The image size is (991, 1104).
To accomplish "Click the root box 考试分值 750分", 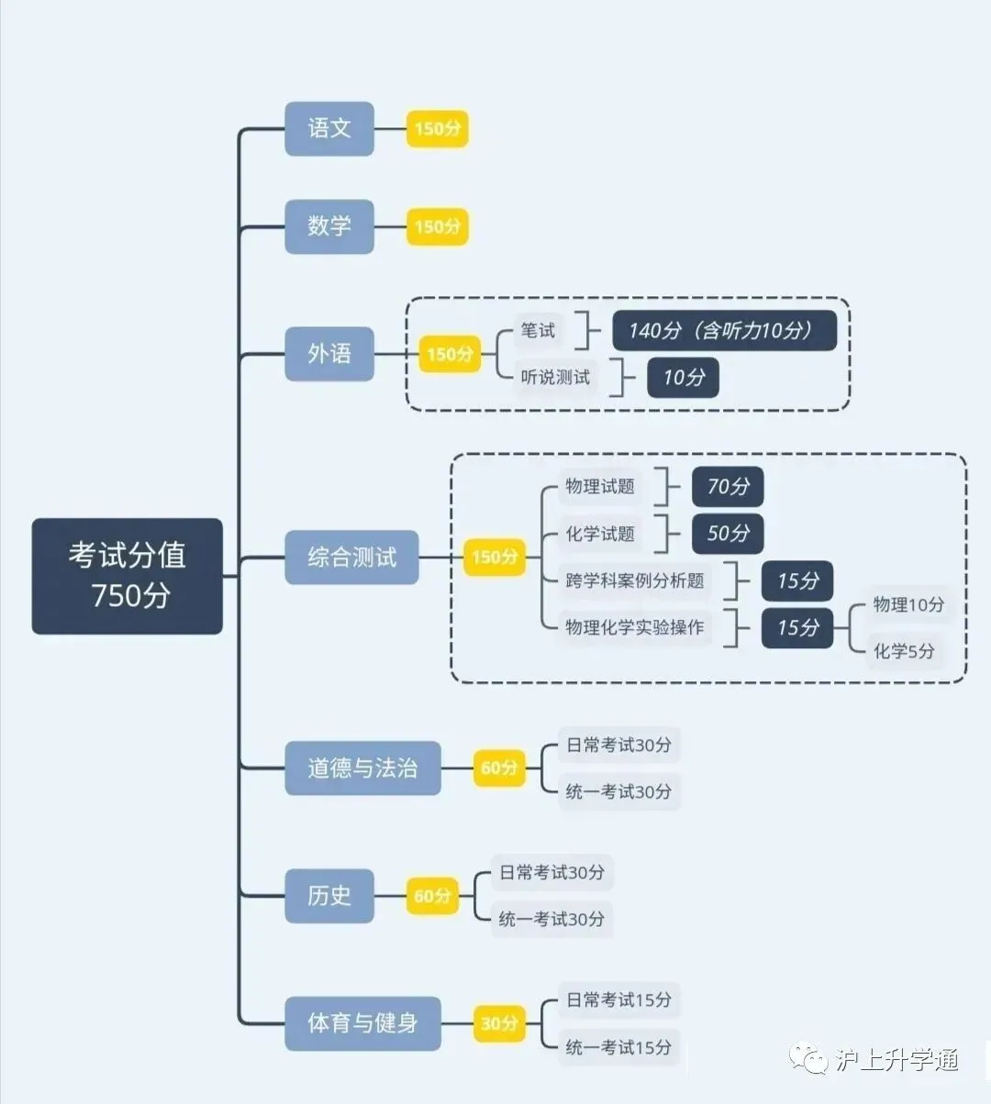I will pos(127,576).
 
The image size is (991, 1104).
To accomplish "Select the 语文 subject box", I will pos(328,128).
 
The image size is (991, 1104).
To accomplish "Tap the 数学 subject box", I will pos(328,226).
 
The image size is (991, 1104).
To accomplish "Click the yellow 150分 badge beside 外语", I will pos(450,354).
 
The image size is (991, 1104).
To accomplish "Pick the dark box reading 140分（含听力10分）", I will pos(724,331).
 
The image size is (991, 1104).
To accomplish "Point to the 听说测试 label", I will pos(555,377).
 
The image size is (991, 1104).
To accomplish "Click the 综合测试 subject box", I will pos(351,557).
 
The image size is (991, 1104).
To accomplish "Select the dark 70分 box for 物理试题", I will pos(728,487).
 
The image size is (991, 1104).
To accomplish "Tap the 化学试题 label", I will pos(600,534).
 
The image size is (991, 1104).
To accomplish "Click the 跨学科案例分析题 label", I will pos(635,580).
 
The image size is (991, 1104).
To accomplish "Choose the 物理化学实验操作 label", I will pos(635,627).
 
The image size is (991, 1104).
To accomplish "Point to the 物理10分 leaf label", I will pos(907,604).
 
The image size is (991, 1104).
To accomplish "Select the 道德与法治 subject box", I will pos(362,767).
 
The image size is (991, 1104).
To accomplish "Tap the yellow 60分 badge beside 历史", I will pos(432,896).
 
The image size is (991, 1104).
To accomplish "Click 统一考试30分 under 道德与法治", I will pos(618,791).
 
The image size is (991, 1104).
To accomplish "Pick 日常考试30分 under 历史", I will pos(551,872).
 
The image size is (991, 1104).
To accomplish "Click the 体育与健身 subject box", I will pos(362,1022).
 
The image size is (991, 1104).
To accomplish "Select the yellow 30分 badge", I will pos(499,1023).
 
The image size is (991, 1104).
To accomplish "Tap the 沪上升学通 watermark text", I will pos(896,1061).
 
